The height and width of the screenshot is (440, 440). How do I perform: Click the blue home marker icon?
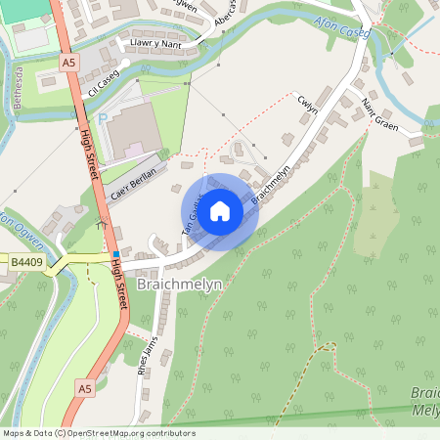pyautogui.click(x=220, y=211)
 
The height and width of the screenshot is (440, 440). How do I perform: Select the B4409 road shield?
pyautogui.click(x=26, y=262)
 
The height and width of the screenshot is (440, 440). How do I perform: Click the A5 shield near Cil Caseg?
pyautogui.click(x=67, y=62)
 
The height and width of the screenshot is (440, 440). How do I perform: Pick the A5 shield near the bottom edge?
pyautogui.click(x=85, y=388)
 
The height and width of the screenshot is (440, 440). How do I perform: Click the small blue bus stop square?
pyautogui.click(x=116, y=255)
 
